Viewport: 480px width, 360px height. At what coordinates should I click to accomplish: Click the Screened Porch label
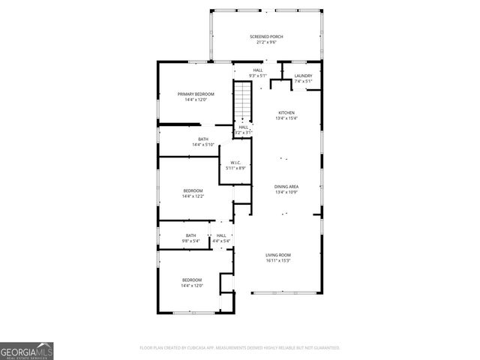click(x=266, y=37)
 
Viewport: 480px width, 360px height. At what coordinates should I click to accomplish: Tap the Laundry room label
click(x=303, y=76)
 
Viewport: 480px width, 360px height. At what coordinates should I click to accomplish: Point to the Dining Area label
click(x=286, y=186)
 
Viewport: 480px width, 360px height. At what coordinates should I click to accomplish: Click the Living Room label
click(x=278, y=255)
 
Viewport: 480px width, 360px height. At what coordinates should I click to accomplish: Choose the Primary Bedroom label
click(x=196, y=94)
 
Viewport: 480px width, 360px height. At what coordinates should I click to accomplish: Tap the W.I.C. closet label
click(x=235, y=162)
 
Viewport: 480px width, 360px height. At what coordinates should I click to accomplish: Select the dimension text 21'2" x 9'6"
click(x=266, y=43)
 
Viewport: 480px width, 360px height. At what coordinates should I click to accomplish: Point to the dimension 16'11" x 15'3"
click(x=278, y=261)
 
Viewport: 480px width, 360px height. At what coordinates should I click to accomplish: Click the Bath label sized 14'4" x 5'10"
click(x=203, y=139)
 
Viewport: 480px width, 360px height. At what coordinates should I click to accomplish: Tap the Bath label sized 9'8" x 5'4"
click(x=191, y=235)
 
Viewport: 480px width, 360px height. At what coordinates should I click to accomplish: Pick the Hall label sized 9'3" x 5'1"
click(x=258, y=70)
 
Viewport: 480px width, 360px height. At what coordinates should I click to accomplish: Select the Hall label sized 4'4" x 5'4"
click(x=221, y=235)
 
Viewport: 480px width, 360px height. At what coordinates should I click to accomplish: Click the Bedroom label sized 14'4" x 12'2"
click(x=193, y=191)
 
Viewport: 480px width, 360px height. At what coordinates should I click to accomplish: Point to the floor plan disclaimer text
click(x=239, y=348)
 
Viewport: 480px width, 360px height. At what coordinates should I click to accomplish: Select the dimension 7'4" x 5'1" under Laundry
click(x=303, y=82)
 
